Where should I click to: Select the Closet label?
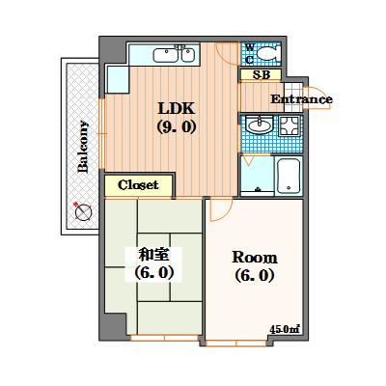point(139,184)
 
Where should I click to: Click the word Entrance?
point(301,99)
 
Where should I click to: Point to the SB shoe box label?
point(261,74)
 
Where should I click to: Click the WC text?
point(249,52)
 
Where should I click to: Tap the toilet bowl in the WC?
point(270,54)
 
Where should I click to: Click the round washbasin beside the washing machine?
point(258,125)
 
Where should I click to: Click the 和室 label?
point(154,255)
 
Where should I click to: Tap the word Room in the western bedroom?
point(255,258)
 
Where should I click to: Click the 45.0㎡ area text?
point(285,329)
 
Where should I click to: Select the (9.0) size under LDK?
point(175,126)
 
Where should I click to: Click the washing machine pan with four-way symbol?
point(288,126)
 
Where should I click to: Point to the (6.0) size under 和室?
point(153,273)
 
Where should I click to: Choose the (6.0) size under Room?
point(255,276)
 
